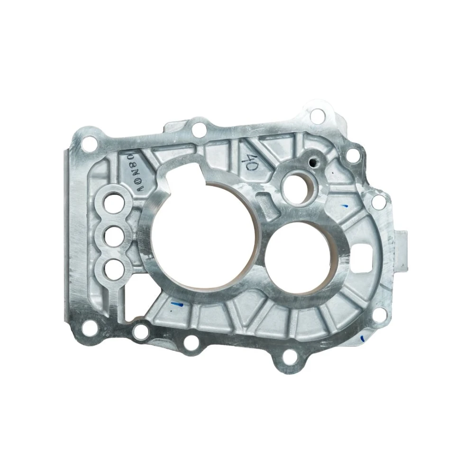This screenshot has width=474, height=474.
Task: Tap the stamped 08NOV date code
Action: point(136,169)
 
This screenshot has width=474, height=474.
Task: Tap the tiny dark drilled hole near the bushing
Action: point(311,163)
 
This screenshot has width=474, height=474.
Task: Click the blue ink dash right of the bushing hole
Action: point(345,206)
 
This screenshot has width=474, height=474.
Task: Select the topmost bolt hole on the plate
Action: point(316,114)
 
